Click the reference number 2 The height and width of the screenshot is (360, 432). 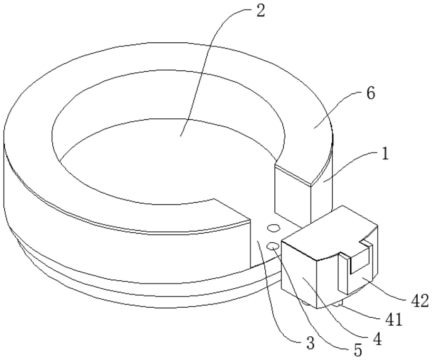pos(260,12)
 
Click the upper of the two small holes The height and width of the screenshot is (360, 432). pos(273,229)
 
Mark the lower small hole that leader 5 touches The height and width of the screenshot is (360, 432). pos(273,246)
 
